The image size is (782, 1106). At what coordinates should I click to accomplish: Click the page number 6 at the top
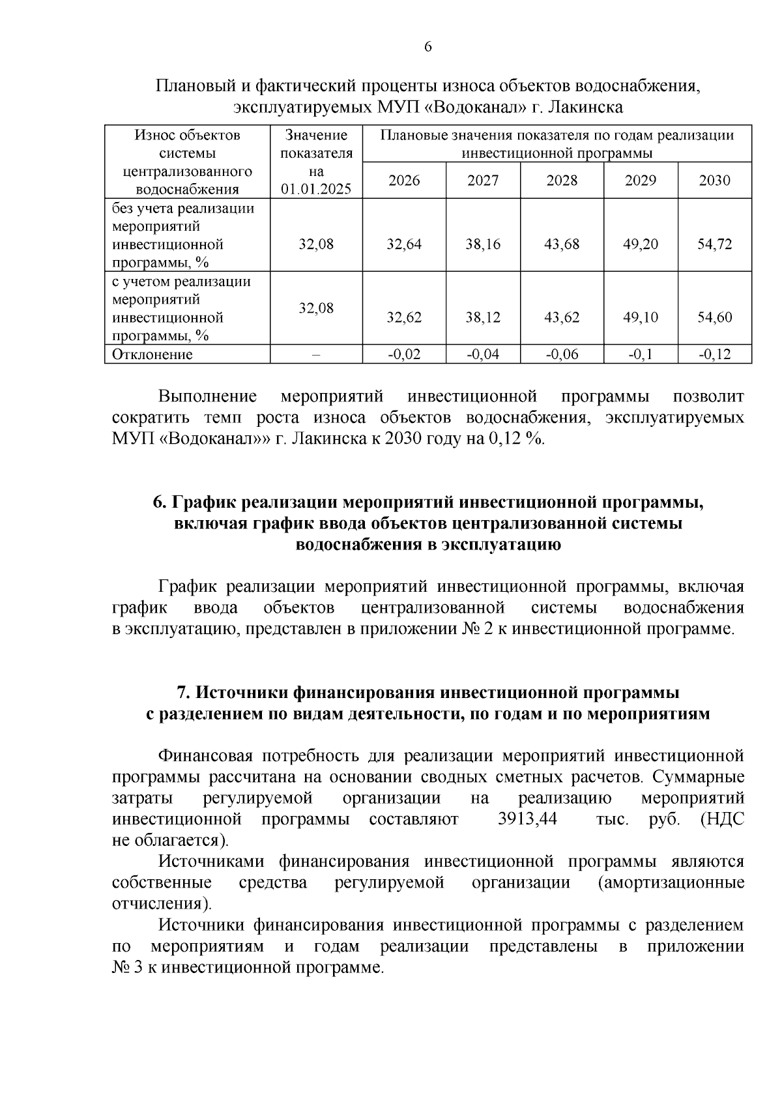427,47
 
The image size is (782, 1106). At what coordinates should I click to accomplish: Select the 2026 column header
404,181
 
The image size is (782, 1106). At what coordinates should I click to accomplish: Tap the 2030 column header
714,181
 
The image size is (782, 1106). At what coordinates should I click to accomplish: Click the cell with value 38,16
483,244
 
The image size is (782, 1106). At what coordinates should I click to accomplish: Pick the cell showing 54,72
715,244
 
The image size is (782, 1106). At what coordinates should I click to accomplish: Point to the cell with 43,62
562,317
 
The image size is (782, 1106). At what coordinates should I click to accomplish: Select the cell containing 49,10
641,317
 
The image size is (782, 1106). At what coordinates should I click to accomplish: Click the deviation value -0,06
562,355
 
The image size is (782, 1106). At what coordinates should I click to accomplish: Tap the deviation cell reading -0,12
715,355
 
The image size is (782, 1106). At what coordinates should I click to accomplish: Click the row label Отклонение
152,355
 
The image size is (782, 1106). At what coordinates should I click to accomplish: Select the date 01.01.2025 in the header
316,189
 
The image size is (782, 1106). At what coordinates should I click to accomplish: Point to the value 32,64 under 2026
404,244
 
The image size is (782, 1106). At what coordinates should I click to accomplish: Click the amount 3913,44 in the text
527,819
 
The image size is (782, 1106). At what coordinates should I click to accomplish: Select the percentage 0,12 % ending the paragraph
515,439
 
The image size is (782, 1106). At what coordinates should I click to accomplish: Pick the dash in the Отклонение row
316,355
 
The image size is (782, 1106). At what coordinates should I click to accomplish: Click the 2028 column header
562,181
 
